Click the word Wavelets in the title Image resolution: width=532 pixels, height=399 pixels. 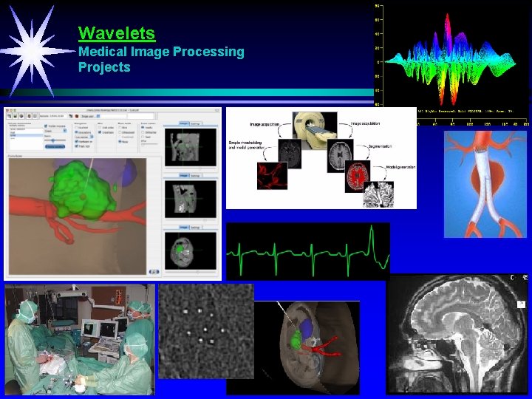117,33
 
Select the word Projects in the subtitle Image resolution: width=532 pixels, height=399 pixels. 104,67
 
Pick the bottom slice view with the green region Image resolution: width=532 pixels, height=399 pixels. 191,250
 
